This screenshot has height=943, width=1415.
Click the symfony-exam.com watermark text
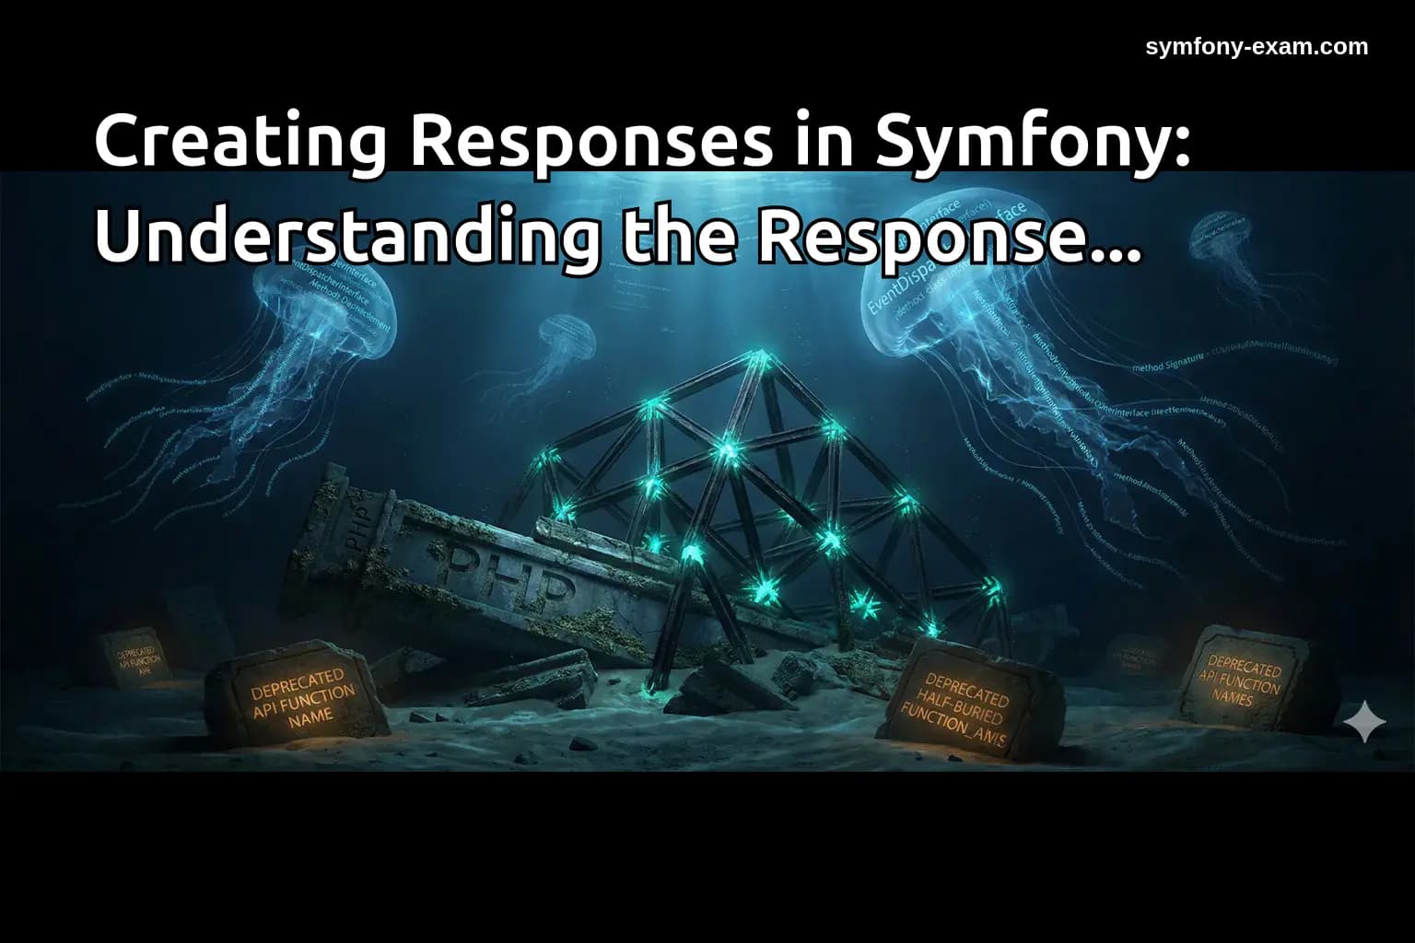point(1257,46)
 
